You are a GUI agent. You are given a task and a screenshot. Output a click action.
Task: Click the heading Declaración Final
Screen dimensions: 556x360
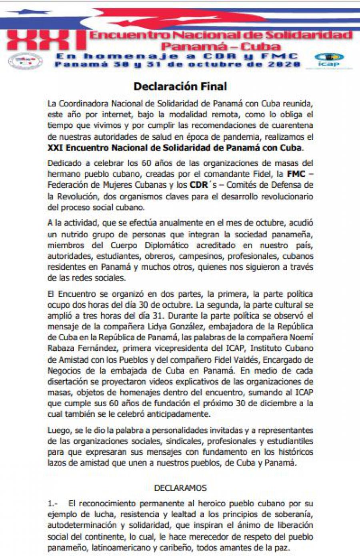180,86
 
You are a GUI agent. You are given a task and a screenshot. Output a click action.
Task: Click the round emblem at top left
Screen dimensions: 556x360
26,61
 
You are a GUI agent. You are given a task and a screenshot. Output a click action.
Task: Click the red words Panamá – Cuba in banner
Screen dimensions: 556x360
220,46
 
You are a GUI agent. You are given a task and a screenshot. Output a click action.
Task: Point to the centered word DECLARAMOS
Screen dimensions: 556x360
180,488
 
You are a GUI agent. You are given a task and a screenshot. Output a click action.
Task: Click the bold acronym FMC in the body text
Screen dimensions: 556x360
296,174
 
